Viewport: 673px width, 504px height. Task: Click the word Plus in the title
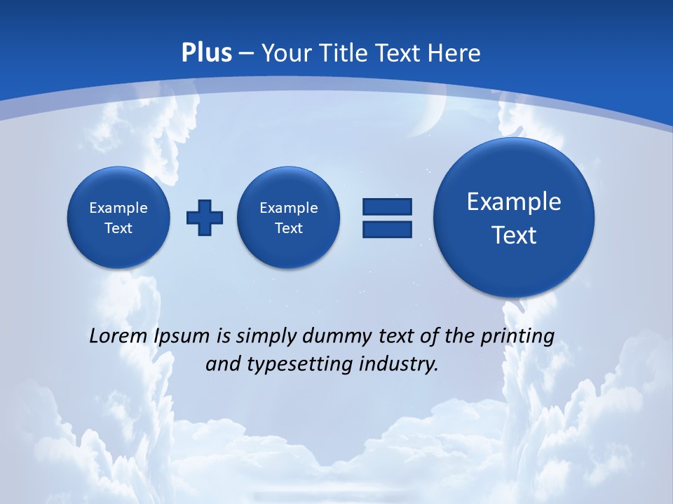coord(207,53)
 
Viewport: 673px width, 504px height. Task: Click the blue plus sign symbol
coord(205,218)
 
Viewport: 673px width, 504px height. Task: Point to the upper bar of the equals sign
coord(387,206)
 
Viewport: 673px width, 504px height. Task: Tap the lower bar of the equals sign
coord(387,229)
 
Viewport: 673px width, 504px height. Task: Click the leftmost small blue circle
coord(118,217)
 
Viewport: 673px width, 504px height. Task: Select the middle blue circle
coord(289,217)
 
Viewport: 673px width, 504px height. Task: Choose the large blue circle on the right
coord(514,217)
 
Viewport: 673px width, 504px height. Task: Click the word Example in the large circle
coord(514,202)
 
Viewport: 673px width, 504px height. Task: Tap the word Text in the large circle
coord(514,235)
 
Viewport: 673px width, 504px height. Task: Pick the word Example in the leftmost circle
coord(118,208)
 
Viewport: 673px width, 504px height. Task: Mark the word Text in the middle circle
coord(289,228)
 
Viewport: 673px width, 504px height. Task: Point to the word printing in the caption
coord(519,336)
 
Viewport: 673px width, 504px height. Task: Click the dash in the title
coord(246,53)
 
